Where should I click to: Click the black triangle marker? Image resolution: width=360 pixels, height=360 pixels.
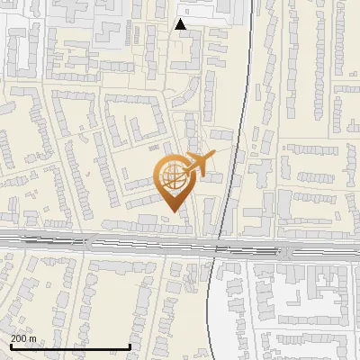pyautogui.click(x=181, y=25)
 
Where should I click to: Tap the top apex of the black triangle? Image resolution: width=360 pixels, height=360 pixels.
pyautogui.click(x=181, y=20)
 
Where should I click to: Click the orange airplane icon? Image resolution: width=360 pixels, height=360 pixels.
pyautogui.click(x=200, y=165)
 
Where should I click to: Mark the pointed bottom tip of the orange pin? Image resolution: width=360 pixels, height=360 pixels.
pyautogui.click(x=172, y=212)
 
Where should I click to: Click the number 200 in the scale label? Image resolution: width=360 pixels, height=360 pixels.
pyautogui.click(x=21, y=338)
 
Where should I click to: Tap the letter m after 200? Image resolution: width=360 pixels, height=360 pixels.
pyautogui.click(x=32, y=338)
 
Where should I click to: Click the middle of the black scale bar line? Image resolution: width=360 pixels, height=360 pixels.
pyautogui.click(x=70, y=346)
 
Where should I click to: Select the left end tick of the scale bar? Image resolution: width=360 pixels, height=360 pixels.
pyautogui.click(x=10, y=346)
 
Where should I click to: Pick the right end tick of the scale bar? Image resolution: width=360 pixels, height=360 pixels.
pyautogui.click(x=130, y=346)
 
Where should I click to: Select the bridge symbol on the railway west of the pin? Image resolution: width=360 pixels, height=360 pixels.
pyautogui.click(x=88, y=240)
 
